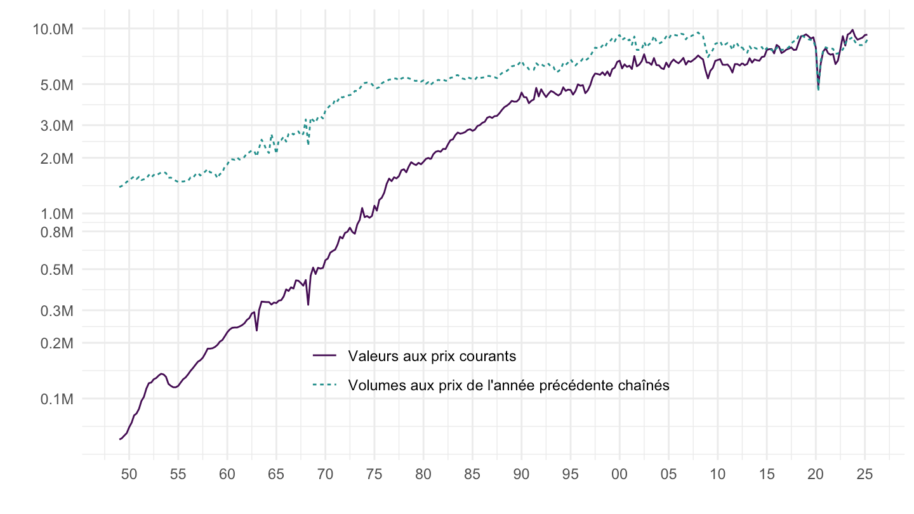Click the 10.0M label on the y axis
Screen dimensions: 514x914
(55, 29)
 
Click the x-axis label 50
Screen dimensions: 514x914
(129, 473)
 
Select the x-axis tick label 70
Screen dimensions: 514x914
(325, 473)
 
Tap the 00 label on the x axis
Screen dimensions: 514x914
(619, 473)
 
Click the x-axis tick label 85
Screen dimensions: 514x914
(472, 473)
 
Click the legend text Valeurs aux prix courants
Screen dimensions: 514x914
(432, 356)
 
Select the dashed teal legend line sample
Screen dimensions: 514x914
(326, 385)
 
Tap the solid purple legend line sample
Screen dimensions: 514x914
(326, 356)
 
